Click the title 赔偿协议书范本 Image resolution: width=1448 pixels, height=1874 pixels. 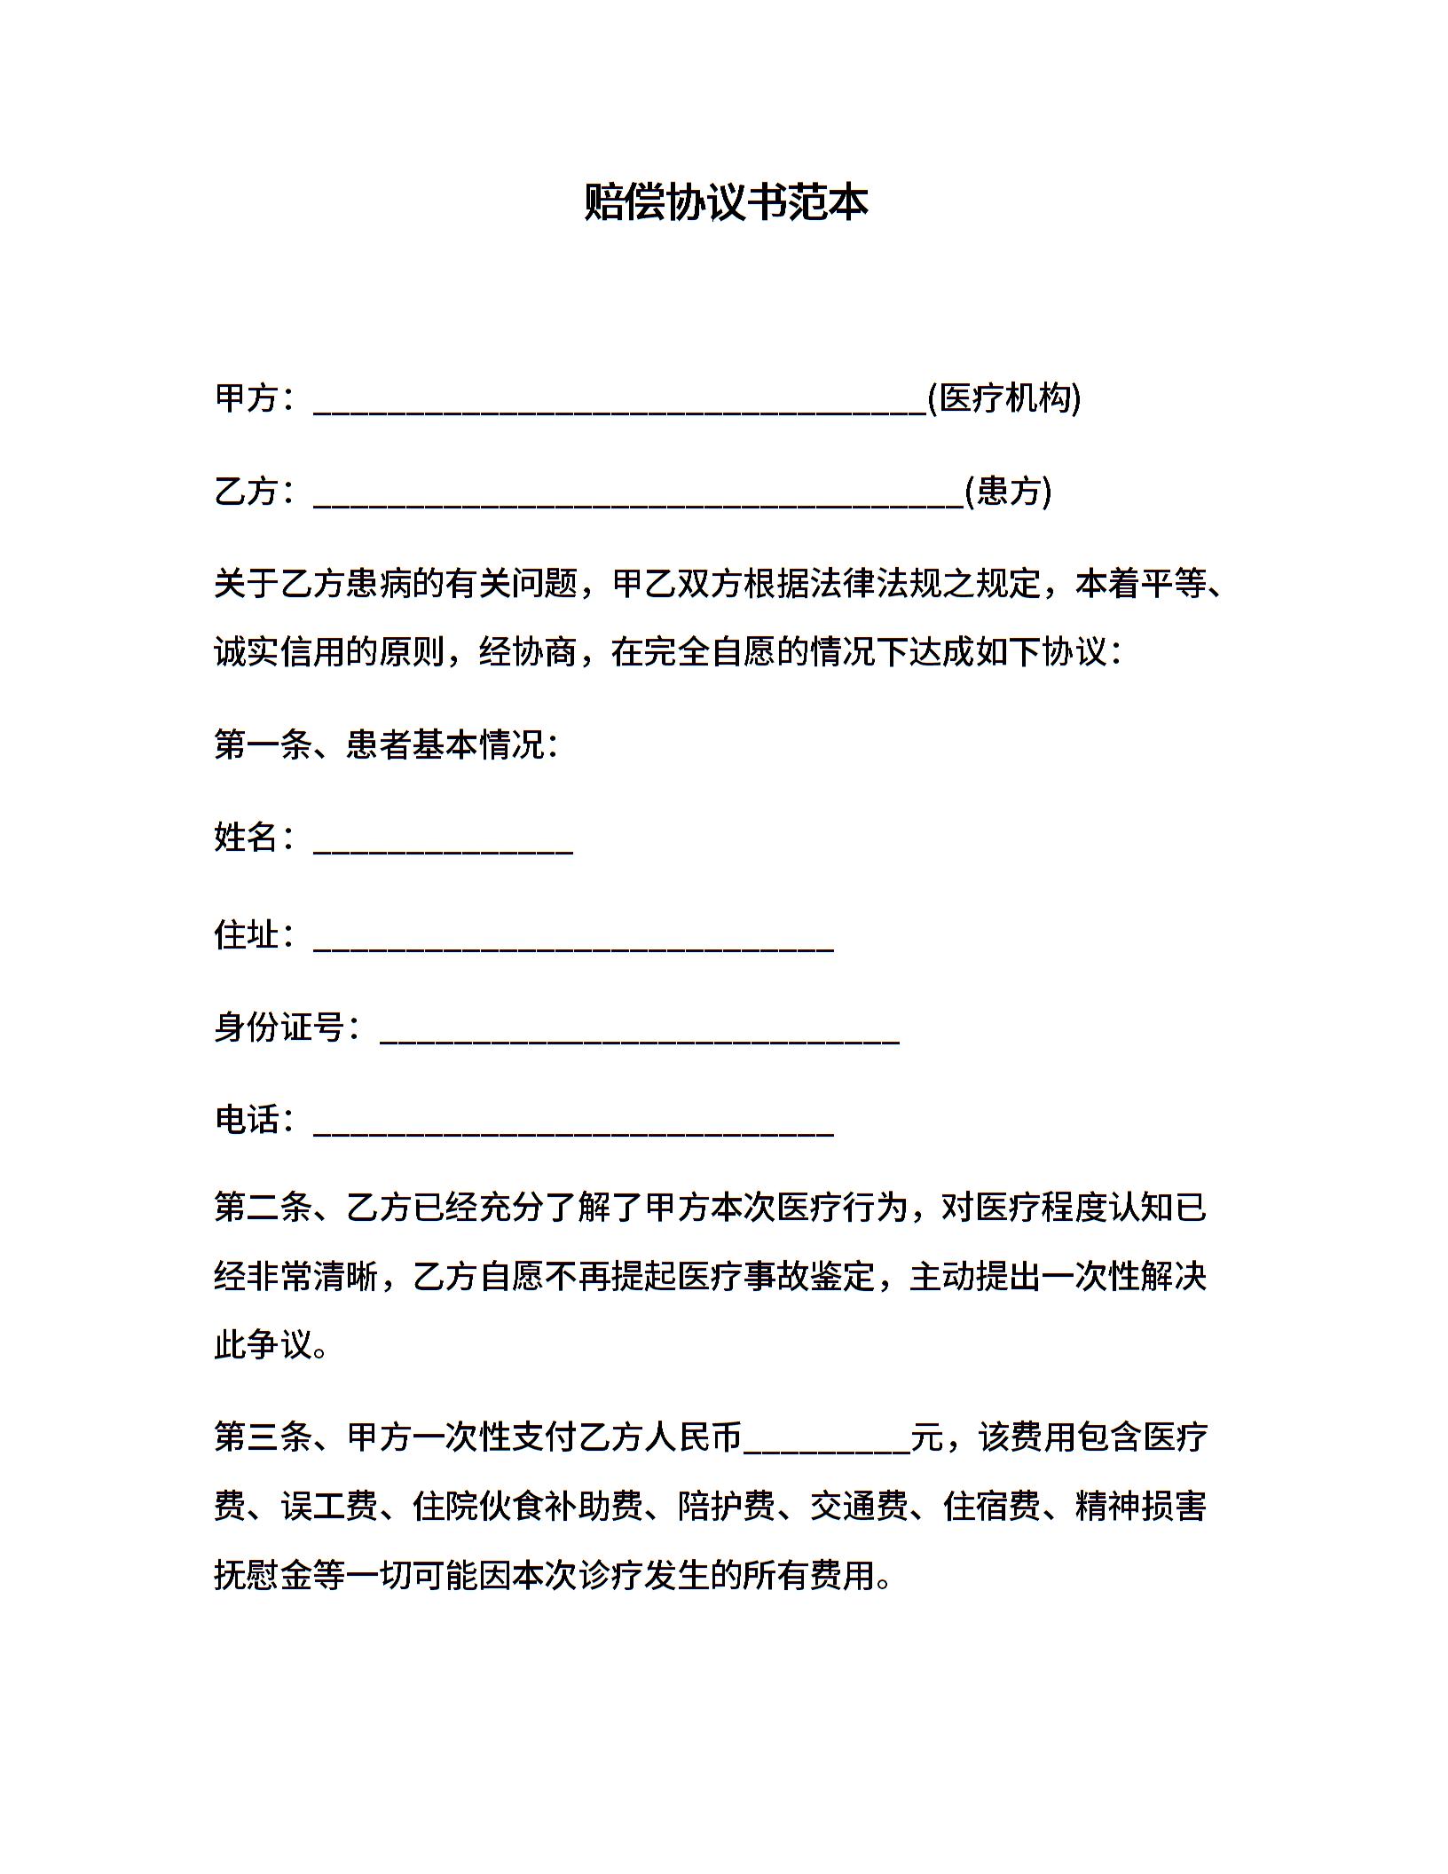pos(725,202)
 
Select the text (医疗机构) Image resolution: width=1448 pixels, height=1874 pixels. pos(1004,398)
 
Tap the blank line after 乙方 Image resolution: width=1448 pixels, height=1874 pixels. pos(639,494)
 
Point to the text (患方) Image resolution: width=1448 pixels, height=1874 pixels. pos(1008,491)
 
